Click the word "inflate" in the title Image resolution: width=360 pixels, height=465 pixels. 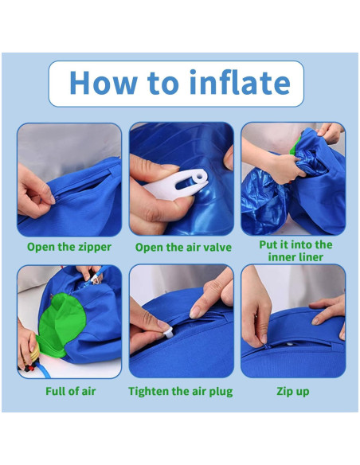(240, 82)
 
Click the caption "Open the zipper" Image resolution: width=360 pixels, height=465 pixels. (69, 247)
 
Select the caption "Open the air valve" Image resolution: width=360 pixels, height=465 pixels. (183, 248)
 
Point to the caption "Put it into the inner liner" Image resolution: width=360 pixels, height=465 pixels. (295, 251)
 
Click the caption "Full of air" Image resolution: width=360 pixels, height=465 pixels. (71, 391)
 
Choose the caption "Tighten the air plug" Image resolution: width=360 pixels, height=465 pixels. (181, 392)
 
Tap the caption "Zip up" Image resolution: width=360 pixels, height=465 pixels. (293, 392)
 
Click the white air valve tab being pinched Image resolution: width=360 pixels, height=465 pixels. (177, 185)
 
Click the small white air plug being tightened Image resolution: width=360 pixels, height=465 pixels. (169, 333)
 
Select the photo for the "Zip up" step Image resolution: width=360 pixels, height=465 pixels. (293, 321)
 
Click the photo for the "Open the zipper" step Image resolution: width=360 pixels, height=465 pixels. (69, 180)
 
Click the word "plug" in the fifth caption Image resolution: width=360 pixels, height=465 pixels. (221, 392)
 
